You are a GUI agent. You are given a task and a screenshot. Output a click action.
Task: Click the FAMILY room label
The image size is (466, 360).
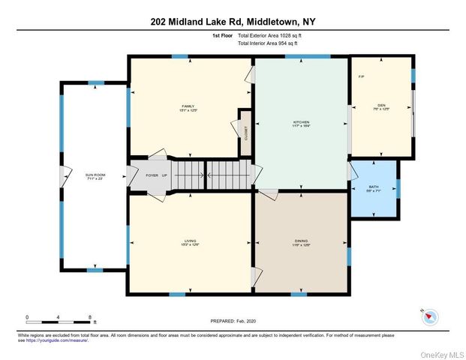[x=188, y=106]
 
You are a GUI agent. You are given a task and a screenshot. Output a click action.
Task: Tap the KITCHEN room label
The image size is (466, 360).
[x=301, y=122]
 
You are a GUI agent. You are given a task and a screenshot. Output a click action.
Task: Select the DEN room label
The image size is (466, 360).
[x=381, y=105]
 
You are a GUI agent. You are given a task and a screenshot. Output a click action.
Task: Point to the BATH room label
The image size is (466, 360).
[x=374, y=187]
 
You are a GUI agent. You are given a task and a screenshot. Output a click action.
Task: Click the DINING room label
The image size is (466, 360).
[x=301, y=241]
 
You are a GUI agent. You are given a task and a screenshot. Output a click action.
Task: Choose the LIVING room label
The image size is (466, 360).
[x=189, y=241]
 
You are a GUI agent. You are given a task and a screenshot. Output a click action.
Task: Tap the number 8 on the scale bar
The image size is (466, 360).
[x=89, y=317]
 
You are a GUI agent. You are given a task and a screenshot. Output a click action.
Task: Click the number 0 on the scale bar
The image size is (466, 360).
[x=26, y=317]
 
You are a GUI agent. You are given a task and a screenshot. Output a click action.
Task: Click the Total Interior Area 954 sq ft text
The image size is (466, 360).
[x=268, y=44]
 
